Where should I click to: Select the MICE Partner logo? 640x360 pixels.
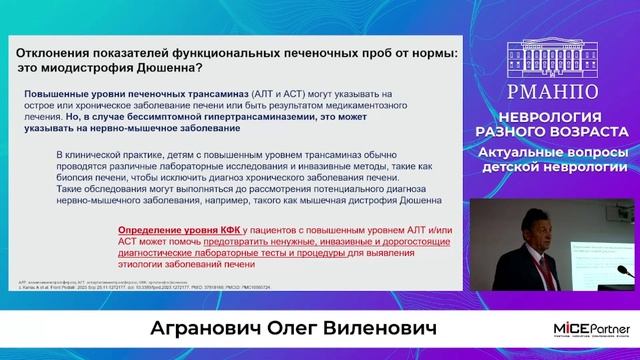[x=590, y=331]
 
